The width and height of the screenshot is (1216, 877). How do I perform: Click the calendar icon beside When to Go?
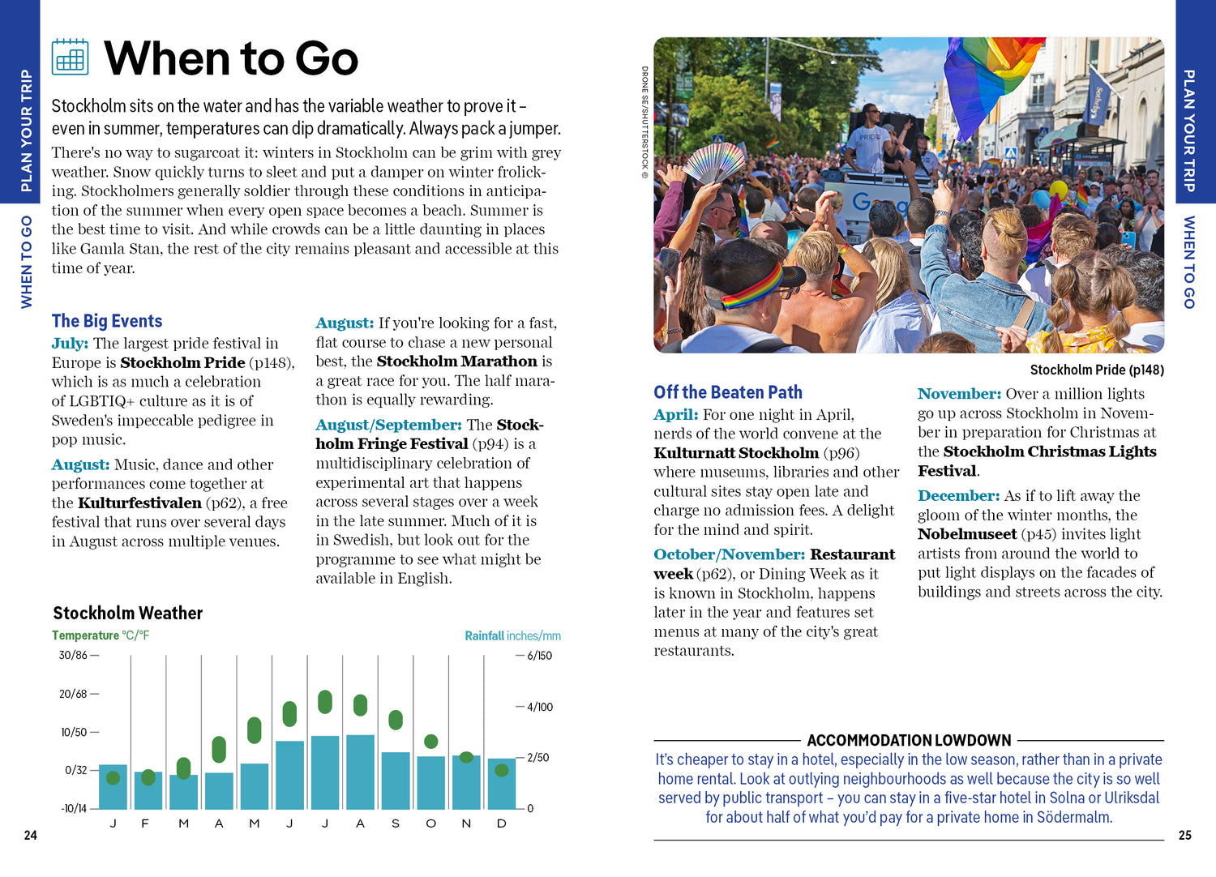tap(70, 57)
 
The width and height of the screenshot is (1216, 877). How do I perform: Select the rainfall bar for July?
tap(325, 772)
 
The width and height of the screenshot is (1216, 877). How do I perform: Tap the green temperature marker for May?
tap(255, 729)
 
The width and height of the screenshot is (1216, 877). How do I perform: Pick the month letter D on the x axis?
tap(502, 824)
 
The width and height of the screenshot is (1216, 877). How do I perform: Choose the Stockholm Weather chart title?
tap(128, 613)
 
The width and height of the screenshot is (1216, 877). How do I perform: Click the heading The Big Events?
tap(107, 321)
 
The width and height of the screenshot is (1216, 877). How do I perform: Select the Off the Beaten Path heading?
tap(728, 392)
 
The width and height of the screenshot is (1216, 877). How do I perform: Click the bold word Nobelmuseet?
tap(967, 534)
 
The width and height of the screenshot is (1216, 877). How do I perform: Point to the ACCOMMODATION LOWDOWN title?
tap(909, 740)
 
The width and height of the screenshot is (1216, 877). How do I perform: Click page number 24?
tap(31, 835)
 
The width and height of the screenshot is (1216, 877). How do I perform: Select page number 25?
tap(1185, 835)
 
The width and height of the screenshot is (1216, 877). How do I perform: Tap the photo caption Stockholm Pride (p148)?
tap(1097, 370)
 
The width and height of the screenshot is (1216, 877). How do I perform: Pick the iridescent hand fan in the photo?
tap(714, 161)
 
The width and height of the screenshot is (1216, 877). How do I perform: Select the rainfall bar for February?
tap(148, 789)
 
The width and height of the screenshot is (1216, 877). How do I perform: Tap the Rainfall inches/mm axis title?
tap(512, 635)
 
